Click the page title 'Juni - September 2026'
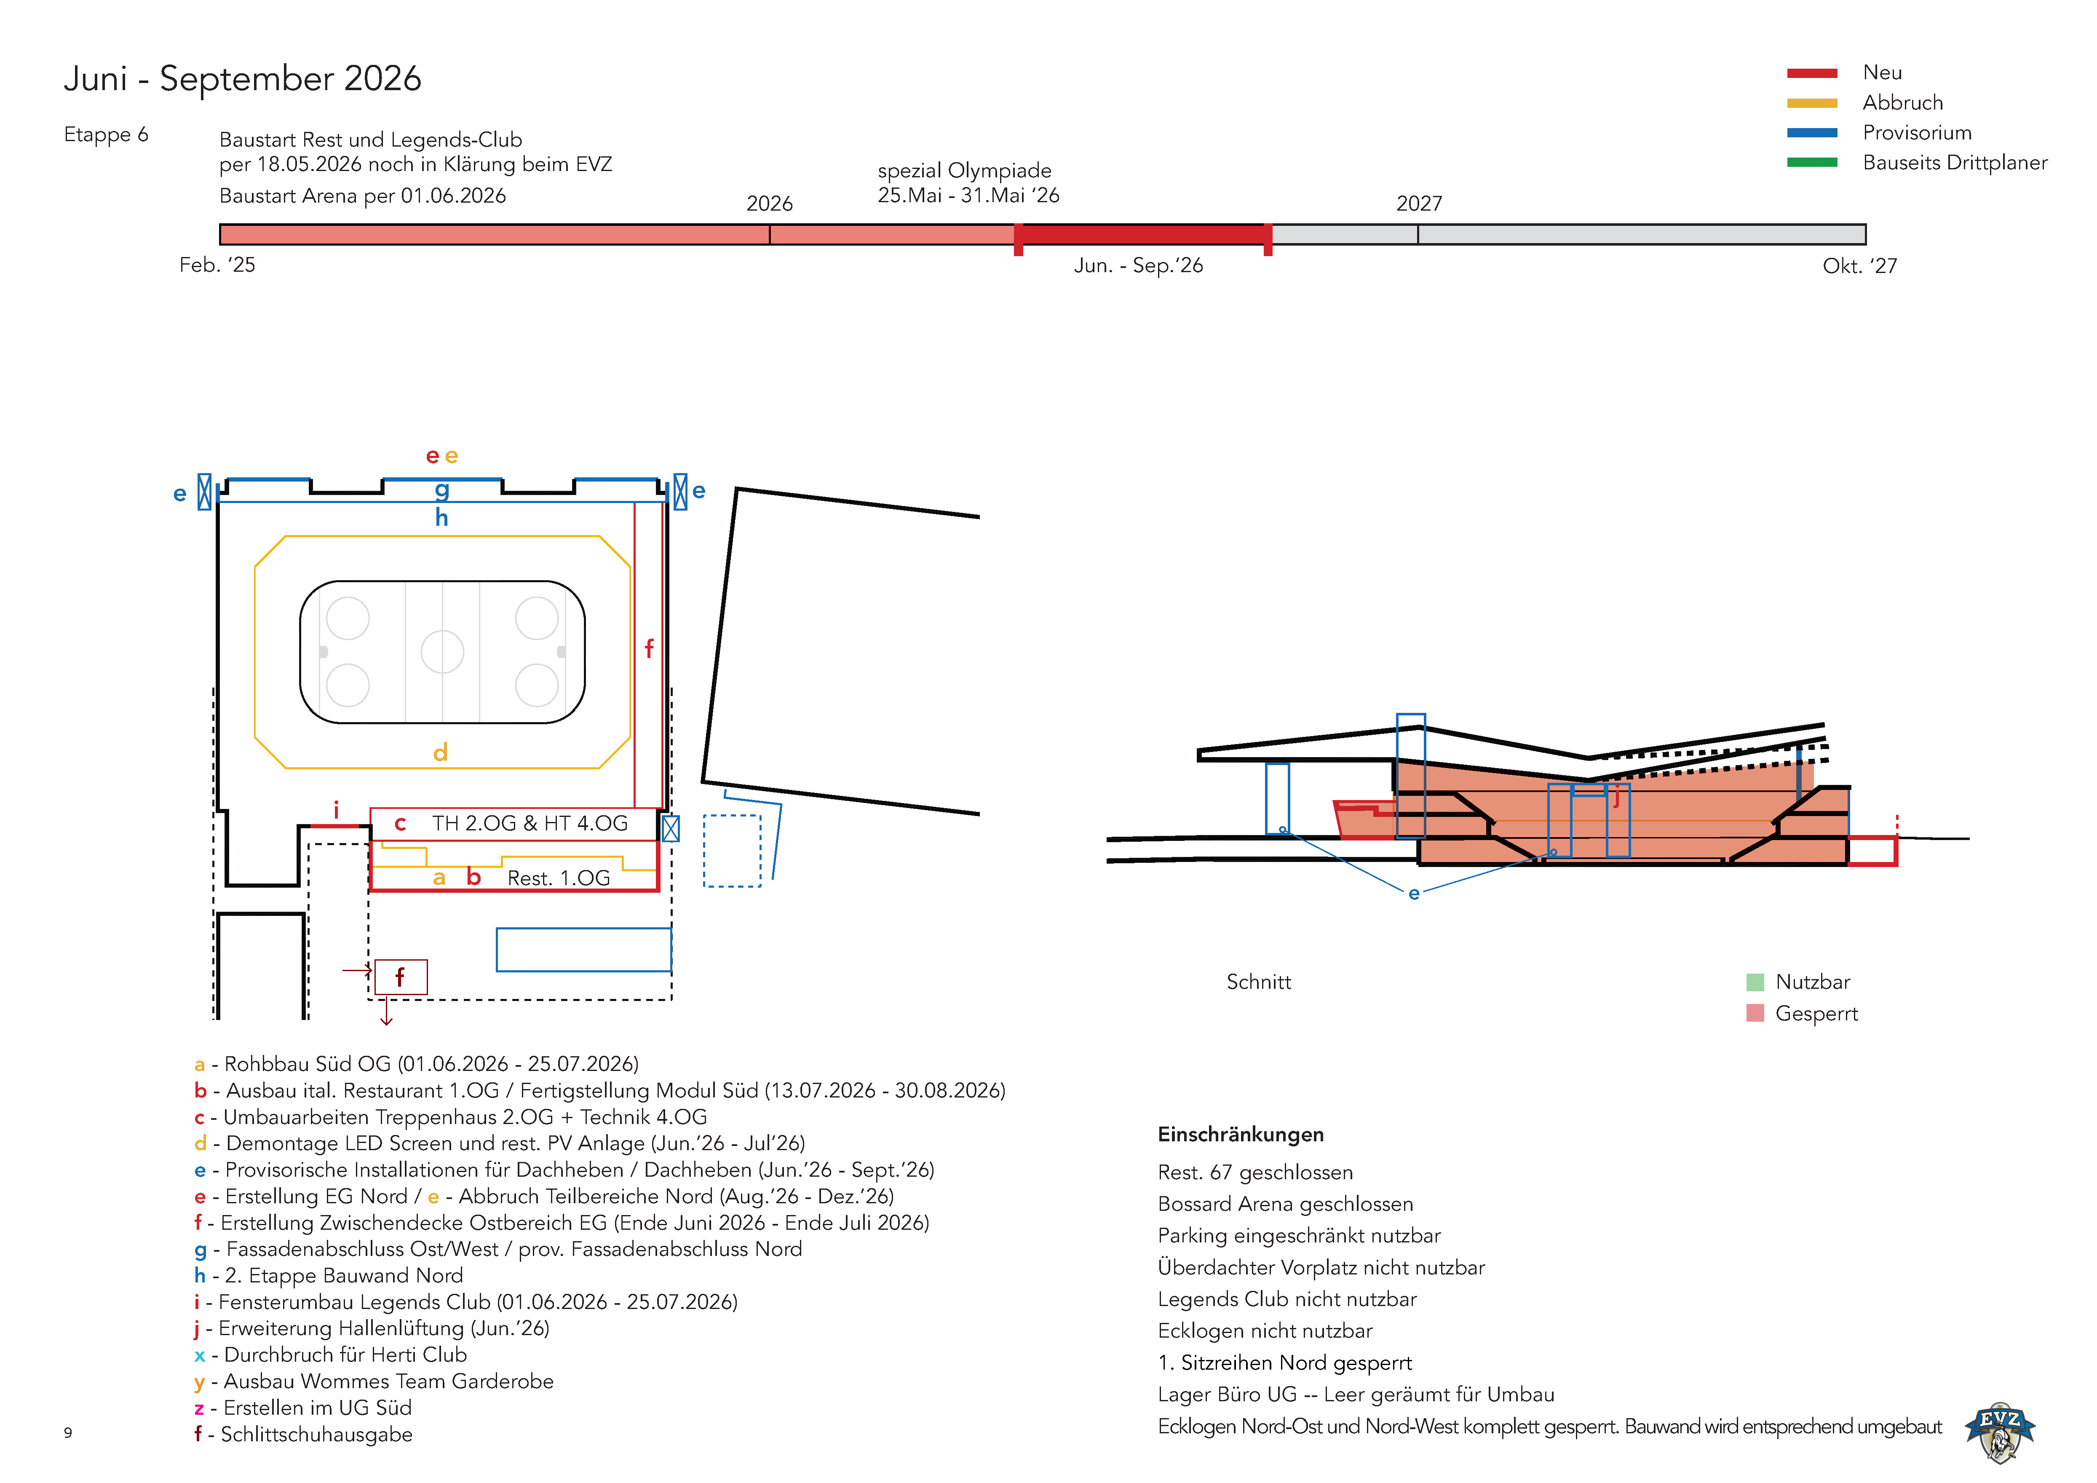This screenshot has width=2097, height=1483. [242, 78]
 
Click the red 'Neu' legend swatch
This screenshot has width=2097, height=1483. [1811, 73]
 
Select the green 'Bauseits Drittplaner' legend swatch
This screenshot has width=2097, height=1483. [1811, 163]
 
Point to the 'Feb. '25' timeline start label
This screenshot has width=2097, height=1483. [217, 265]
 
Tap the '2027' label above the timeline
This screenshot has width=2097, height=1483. [1418, 203]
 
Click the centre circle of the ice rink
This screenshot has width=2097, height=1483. [442, 652]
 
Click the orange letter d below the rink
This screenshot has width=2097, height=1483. [440, 752]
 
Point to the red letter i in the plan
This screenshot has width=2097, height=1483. [336, 809]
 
